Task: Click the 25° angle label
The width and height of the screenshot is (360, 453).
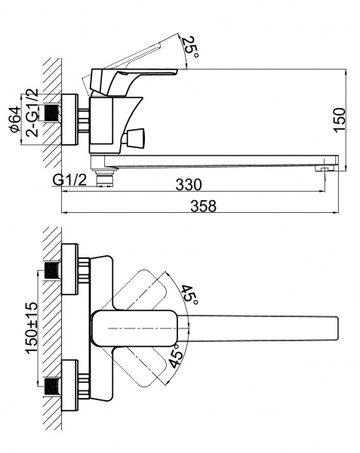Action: click(x=191, y=47)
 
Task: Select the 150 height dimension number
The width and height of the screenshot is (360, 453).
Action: click(x=340, y=120)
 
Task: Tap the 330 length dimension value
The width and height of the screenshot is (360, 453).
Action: click(x=189, y=185)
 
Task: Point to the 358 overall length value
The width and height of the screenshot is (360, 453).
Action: click(x=203, y=206)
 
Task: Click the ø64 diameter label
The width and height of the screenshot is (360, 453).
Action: click(x=15, y=119)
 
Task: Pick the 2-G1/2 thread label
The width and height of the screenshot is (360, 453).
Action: click(x=32, y=112)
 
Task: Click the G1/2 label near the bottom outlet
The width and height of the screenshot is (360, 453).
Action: click(x=69, y=180)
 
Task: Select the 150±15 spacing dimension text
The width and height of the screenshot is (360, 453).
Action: click(x=32, y=328)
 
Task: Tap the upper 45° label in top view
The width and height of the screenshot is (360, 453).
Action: click(x=189, y=295)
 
